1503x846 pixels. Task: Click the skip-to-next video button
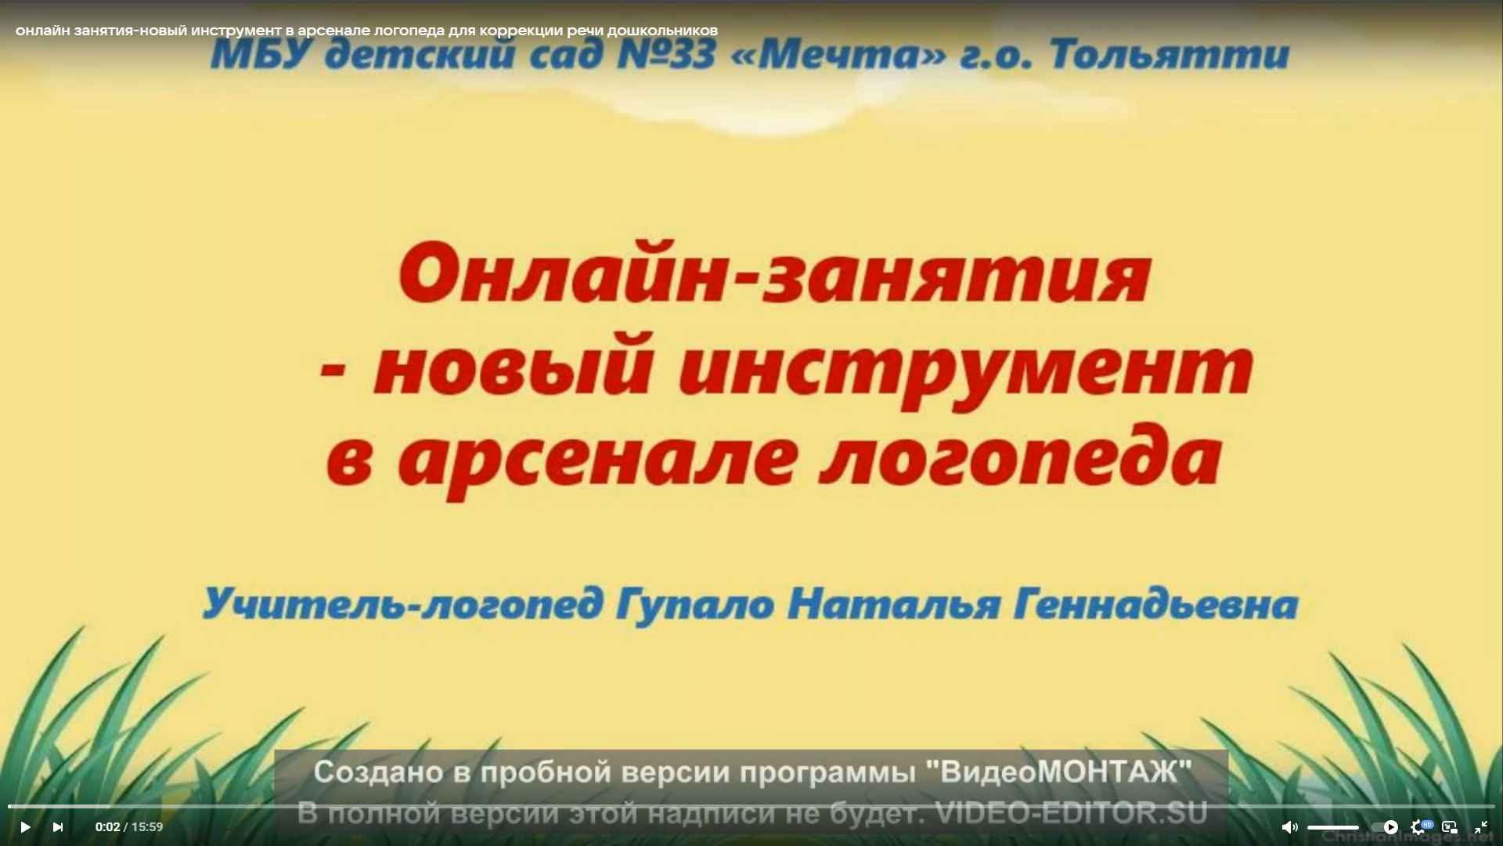[57, 827]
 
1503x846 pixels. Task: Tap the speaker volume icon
[1289, 827]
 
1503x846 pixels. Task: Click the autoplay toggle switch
[1385, 827]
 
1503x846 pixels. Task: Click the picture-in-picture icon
[1450, 827]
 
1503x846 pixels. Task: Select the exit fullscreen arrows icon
[1481, 827]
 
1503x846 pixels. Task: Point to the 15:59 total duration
[147, 827]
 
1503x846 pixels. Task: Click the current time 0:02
[108, 827]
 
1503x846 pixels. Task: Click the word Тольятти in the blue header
[1170, 55]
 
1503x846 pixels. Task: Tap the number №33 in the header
[665, 55]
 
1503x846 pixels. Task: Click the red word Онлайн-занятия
[775, 274]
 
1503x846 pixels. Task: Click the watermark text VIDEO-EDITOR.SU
[1072, 813]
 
